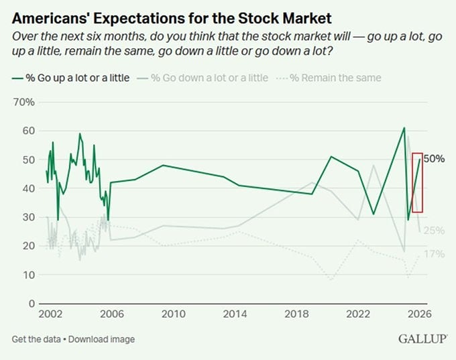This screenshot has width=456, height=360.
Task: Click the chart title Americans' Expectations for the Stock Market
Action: click(x=176, y=14)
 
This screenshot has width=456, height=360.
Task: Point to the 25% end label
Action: click(x=434, y=231)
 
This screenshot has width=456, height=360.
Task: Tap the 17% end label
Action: click(x=434, y=255)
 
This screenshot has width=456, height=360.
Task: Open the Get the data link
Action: click(x=36, y=339)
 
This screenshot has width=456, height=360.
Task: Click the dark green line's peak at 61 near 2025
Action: click(x=404, y=127)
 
